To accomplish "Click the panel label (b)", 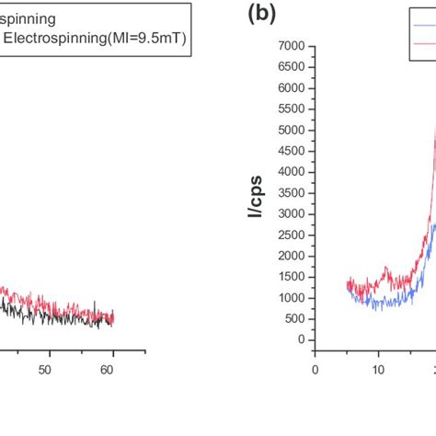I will pyautogui.click(x=261, y=13).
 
